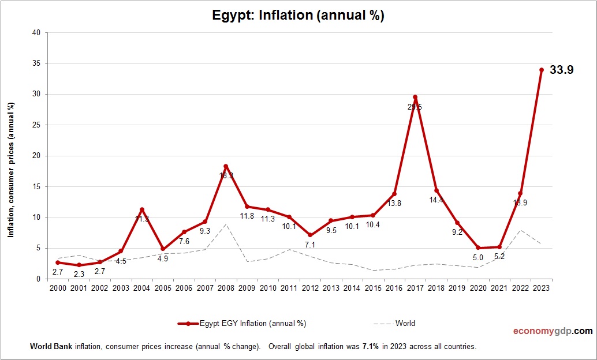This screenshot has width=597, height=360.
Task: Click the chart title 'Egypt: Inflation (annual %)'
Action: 298,16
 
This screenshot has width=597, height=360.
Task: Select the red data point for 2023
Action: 541,70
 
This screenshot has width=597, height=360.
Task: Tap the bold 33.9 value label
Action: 561,70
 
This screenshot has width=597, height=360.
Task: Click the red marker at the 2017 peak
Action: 415,97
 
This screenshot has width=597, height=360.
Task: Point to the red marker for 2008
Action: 226,166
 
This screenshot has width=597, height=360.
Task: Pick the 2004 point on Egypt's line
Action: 142,209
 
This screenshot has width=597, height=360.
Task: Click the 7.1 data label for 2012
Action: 310,245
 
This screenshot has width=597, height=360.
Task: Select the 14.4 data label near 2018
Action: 436,200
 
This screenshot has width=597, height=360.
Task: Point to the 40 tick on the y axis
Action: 36,33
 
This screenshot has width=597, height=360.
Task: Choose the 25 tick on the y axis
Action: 36,125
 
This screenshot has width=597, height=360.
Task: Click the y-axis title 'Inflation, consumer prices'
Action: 11,170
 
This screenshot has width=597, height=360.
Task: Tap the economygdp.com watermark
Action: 553,331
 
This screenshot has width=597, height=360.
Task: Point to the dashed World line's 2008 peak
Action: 226,224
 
